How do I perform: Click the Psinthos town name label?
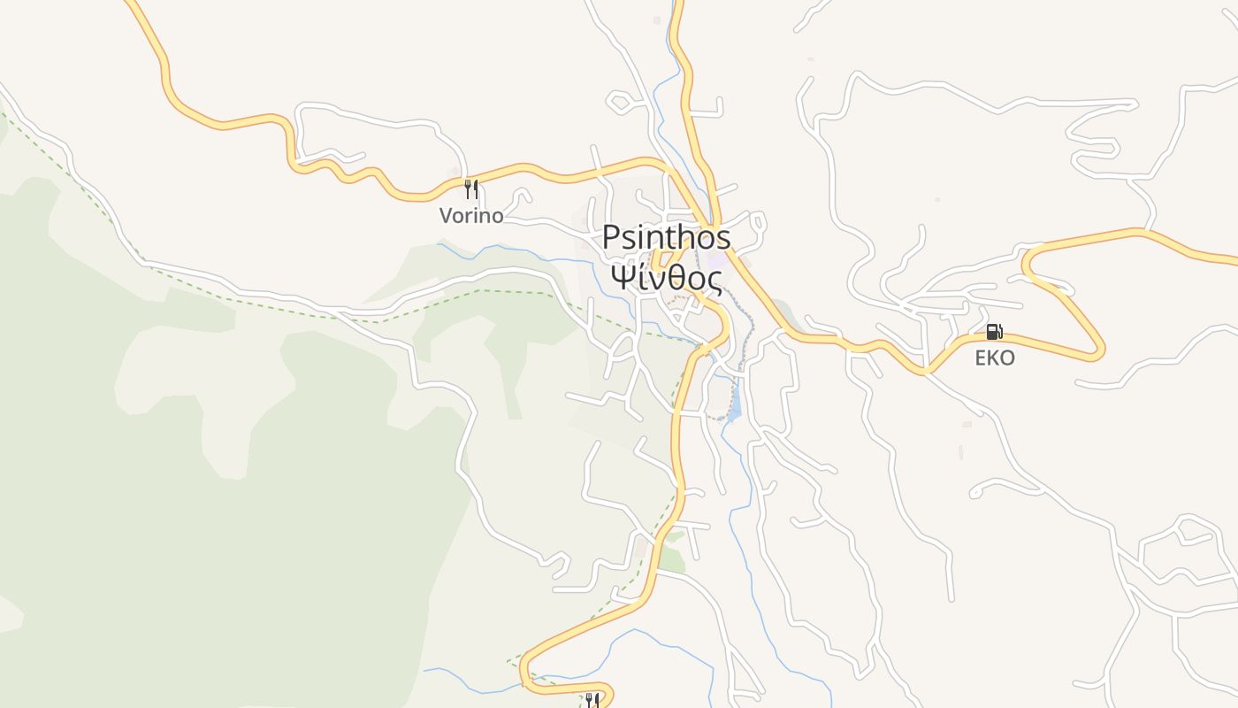pyautogui.click(x=667, y=237)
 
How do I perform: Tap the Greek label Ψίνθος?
pyautogui.click(x=667, y=278)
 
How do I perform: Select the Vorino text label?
pyautogui.click(x=471, y=215)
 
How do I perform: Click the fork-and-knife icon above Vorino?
pyautogui.click(x=471, y=189)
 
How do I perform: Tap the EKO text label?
pyautogui.click(x=995, y=358)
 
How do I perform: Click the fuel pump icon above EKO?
pyautogui.click(x=994, y=332)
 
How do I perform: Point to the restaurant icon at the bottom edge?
pyautogui.click(x=592, y=700)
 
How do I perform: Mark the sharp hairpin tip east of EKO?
pyautogui.click(x=1101, y=351)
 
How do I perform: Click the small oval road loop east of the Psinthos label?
pyautogui.click(x=758, y=221)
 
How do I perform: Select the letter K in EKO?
pyautogui.click(x=995, y=358)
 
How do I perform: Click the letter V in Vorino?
pyautogui.click(x=446, y=215)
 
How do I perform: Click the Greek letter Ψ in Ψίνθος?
pyautogui.click(x=623, y=278)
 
